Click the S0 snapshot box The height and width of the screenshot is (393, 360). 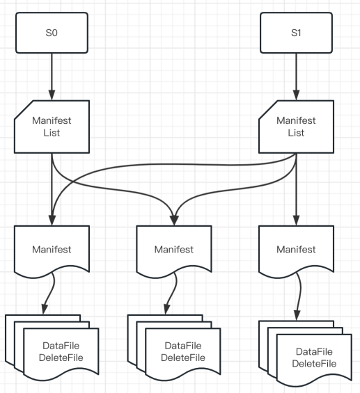(52, 33)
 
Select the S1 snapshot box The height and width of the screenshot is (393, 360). (296, 33)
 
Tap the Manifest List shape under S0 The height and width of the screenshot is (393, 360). (52, 127)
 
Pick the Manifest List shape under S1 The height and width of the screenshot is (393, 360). (296, 127)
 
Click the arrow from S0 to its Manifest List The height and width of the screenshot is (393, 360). (52, 77)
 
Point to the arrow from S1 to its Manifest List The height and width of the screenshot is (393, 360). (296, 77)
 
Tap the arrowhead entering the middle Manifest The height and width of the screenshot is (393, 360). (174, 220)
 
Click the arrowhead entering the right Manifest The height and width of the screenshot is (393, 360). (296, 220)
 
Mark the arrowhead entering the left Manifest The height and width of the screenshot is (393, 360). (52, 220)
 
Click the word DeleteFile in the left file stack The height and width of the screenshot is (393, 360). (61, 358)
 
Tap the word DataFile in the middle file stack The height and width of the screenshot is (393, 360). (183, 346)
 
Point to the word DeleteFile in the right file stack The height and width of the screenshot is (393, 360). (314, 364)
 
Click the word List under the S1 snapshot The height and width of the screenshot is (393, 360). (296, 133)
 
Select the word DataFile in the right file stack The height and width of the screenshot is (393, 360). (314, 352)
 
